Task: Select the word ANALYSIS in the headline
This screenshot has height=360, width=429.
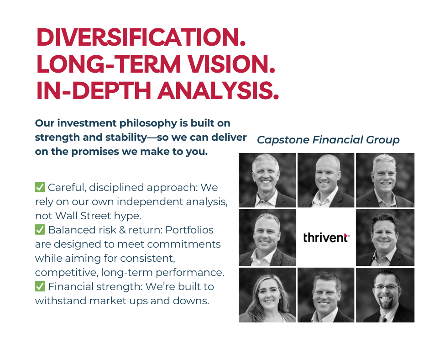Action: point(218,90)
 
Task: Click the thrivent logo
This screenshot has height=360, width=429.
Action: point(326,238)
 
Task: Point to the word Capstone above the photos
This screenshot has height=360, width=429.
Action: point(283,140)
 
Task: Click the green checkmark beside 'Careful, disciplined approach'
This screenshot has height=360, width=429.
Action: point(40,187)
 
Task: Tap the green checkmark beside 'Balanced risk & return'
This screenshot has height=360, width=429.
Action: point(40,230)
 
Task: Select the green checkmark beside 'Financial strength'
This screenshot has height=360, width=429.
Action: point(40,286)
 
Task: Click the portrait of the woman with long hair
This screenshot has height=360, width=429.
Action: point(267,295)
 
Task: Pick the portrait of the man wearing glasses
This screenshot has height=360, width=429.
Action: point(385,295)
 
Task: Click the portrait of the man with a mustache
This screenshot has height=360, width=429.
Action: point(385,180)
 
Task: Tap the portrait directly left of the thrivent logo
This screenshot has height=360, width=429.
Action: point(267,238)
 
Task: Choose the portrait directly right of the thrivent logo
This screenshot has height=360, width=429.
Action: point(385,238)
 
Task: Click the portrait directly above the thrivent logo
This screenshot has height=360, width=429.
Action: point(326,180)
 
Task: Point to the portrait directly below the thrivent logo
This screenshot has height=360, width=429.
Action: point(326,295)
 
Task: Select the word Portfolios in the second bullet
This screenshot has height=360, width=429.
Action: point(189,230)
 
